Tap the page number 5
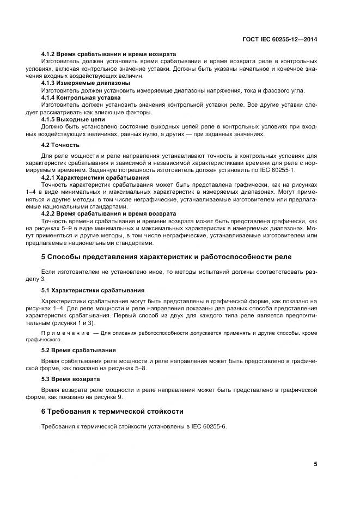point(315,464)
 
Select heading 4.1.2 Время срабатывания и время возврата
point(109,54)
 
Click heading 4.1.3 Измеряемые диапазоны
point(86,83)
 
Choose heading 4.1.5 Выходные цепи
point(74,119)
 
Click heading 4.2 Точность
point(60,145)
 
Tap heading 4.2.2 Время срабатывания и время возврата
point(109,213)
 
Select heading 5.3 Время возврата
point(71,379)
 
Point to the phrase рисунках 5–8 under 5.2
point(126,368)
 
